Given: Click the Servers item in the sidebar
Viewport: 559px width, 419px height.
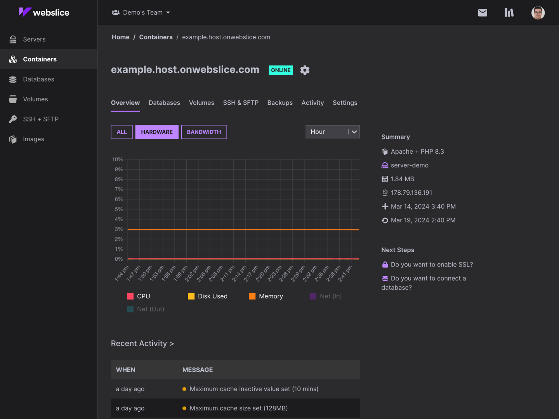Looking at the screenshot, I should point(34,39).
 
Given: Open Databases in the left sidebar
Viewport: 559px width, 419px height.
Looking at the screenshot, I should point(38,79).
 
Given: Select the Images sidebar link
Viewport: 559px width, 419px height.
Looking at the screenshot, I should point(33,139).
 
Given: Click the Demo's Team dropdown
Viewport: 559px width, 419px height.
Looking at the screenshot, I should point(141,12).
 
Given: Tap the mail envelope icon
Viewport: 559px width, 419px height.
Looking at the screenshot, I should point(483,13).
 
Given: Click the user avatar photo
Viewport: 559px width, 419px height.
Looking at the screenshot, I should point(538,13).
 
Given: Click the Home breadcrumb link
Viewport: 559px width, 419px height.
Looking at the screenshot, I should point(120,37).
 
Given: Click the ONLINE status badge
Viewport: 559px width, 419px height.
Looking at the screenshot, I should point(281,70).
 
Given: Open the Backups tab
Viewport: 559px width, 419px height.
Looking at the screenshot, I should point(280,103).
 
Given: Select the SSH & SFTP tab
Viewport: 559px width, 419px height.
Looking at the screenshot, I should point(241,103).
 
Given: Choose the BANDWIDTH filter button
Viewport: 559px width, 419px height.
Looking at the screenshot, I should point(204,132).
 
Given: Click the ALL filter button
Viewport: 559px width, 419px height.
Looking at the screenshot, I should point(122,132).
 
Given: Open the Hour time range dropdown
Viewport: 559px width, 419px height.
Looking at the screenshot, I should point(332,132).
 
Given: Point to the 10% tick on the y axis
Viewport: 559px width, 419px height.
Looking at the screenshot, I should point(118,159).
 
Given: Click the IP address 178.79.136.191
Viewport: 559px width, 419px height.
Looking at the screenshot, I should point(411,193).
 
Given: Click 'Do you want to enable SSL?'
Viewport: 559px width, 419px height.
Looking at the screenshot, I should point(432,265).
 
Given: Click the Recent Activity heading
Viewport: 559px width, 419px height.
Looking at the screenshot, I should point(142,343).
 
